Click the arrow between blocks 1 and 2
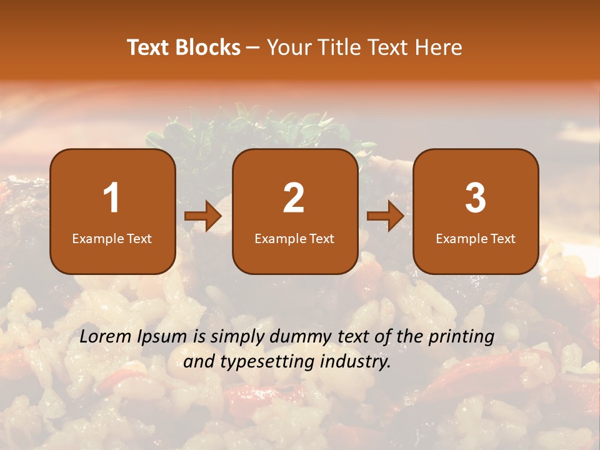pyautogui.click(x=203, y=216)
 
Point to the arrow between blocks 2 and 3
pyautogui.click(x=386, y=216)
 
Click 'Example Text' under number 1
pyautogui.click(x=112, y=238)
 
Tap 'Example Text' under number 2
pyautogui.click(x=294, y=238)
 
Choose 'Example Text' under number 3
pyautogui.click(x=476, y=238)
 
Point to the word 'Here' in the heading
pyautogui.click(x=440, y=47)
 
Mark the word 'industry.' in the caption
pyautogui.click(x=359, y=361)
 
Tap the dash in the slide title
pyautogui.click(x=253, y=48)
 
